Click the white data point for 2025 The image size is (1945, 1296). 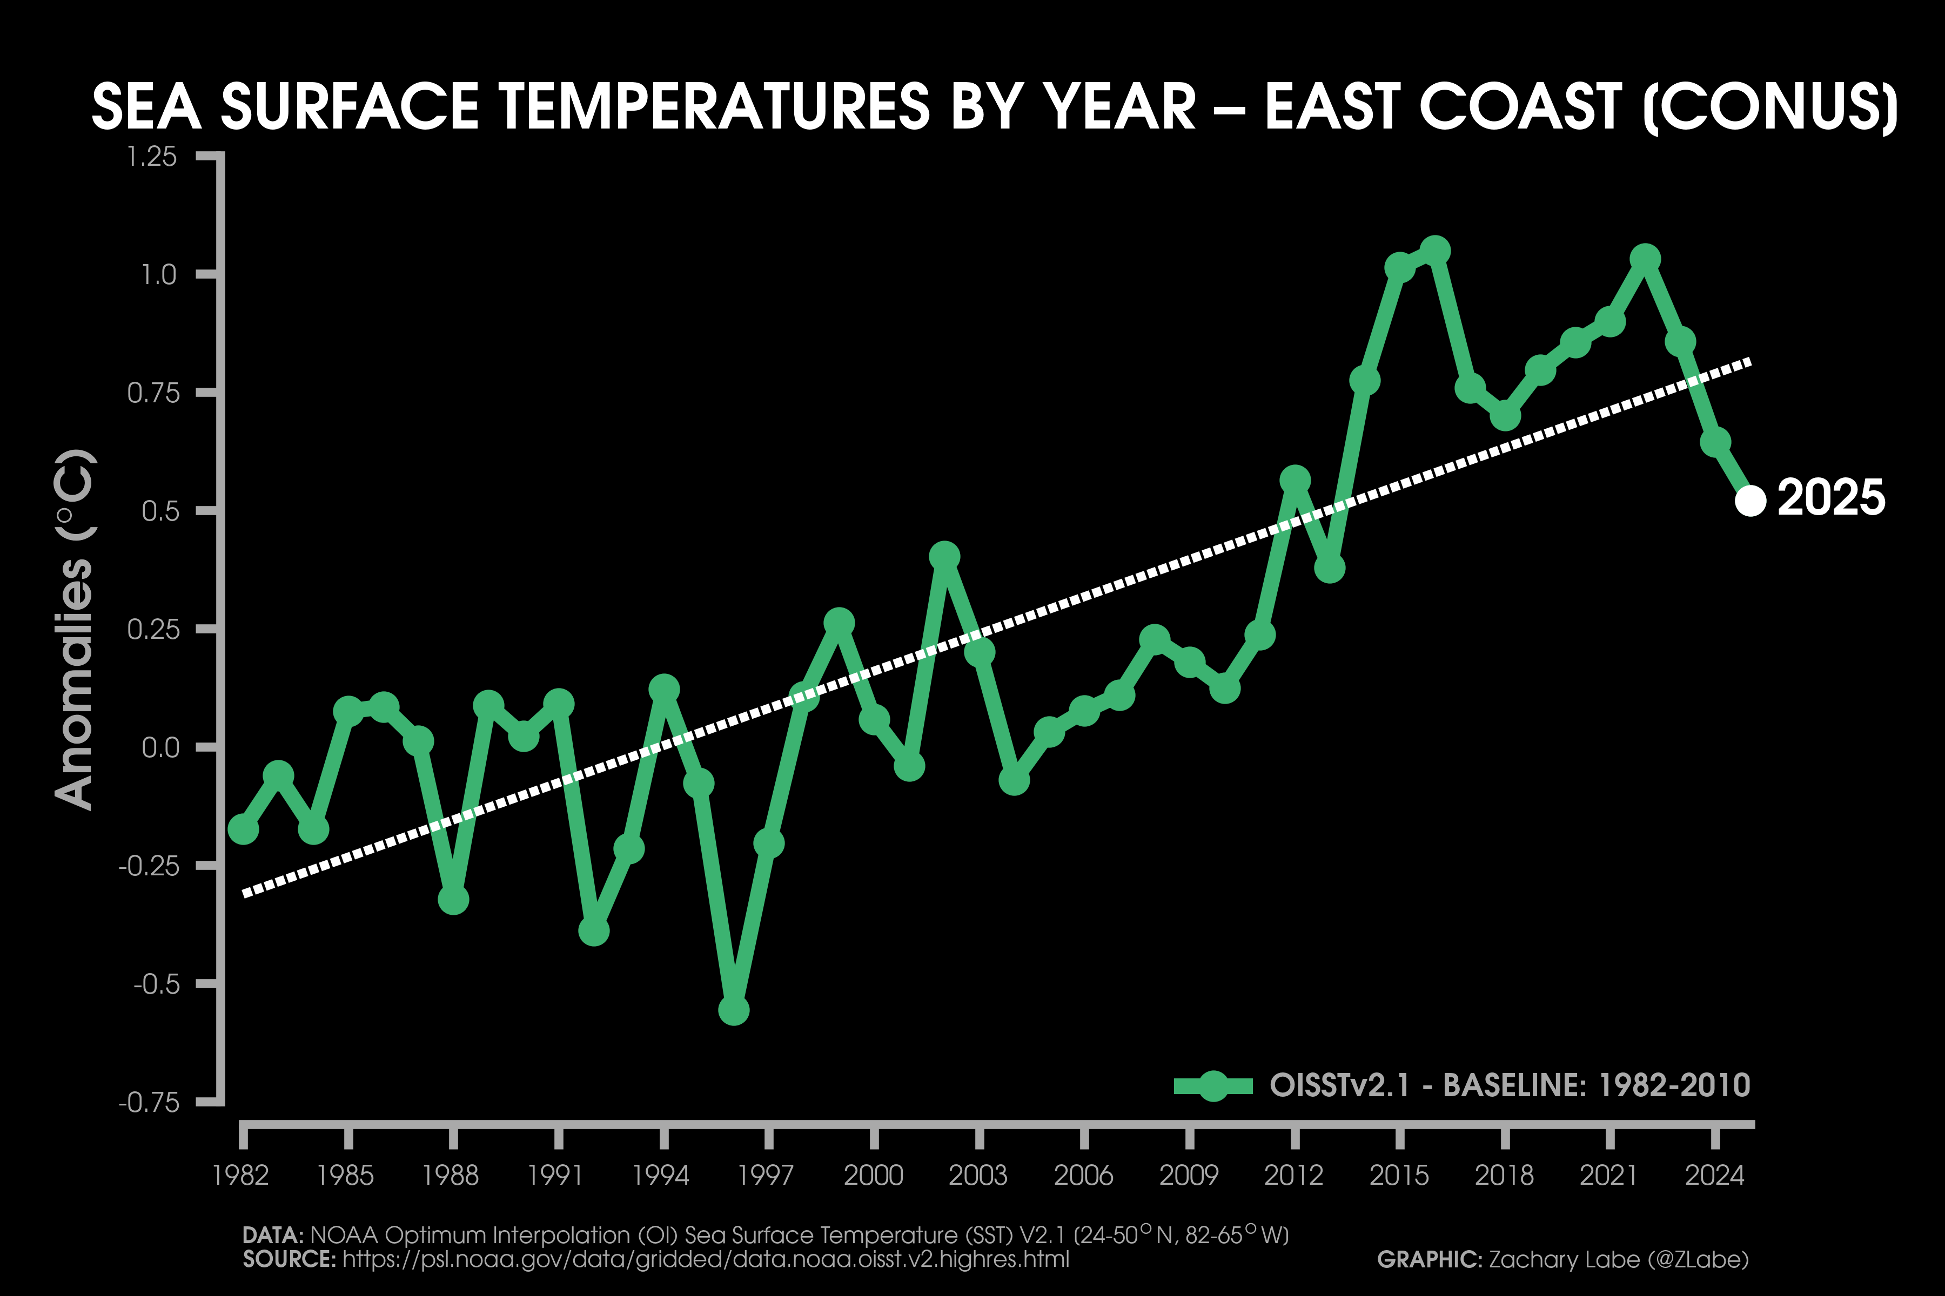coord(1750,500)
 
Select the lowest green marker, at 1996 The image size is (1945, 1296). coord(734,1010)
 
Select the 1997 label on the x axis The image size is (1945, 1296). coord(766,1174)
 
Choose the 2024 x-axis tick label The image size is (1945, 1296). coord(1714,1174)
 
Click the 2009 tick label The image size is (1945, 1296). coord(1188,1174)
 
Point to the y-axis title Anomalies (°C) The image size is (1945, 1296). coord(75,629)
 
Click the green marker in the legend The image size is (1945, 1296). coord(1213,1085)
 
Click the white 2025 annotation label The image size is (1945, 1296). coord(1831,498)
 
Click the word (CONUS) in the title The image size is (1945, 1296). coord(1770,107)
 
